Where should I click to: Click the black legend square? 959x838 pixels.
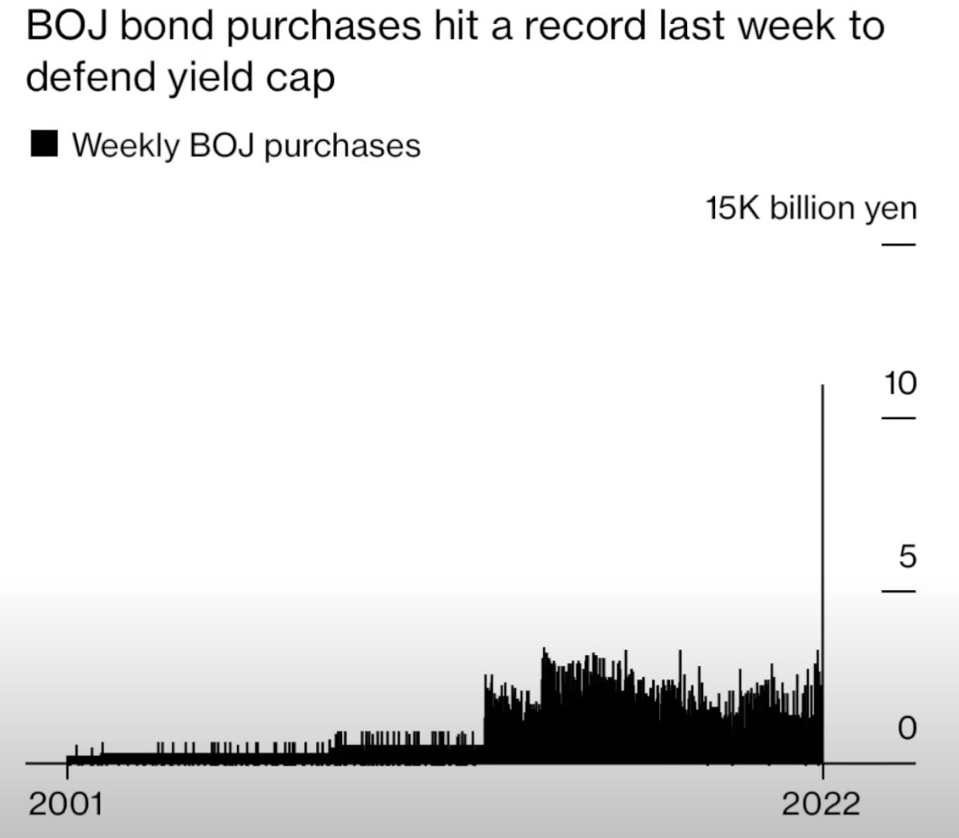(44, 145)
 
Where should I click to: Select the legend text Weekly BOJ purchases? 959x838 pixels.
(246, 146)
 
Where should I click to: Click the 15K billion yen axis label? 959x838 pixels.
(810, 208)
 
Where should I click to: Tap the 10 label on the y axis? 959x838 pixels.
(899, 383)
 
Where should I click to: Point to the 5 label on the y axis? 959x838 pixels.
(907, 556)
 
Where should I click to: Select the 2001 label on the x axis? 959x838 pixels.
(66, 804)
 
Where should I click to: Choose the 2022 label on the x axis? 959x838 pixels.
(820, 804)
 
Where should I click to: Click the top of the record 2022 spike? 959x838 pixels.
(823, 385)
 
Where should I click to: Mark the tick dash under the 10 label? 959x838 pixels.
(899, 418)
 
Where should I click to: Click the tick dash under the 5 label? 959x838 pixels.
(899, 592)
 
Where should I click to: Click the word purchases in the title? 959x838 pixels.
(325, 28)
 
